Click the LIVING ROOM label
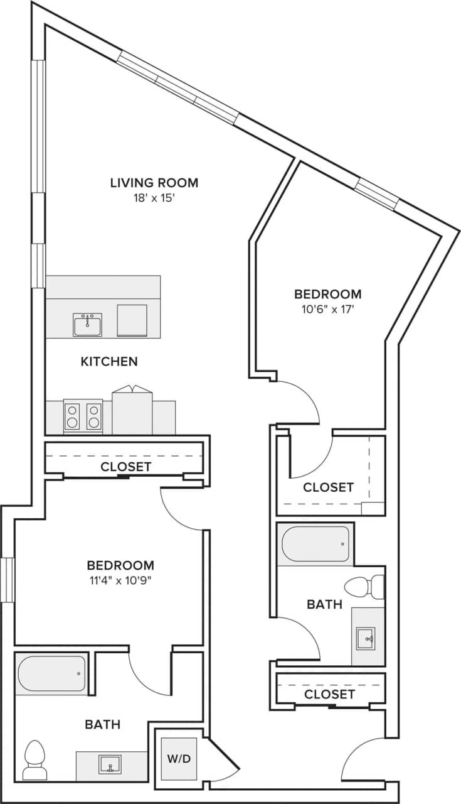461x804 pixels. [x=154, y=183]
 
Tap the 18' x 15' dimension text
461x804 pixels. [x=154, y=198]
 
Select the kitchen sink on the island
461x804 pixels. [x=88, y=325]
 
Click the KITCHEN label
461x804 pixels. [x=109, y=361]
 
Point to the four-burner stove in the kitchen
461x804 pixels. [x=83, y=416]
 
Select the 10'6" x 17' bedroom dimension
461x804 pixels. [x=328, y=309]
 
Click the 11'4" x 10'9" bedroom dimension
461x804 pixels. [x=120, y=580]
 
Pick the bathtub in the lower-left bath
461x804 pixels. [x=51, y=674]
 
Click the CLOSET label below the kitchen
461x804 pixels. [x=126, y=467]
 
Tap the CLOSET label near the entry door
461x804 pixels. [x=329, y=694]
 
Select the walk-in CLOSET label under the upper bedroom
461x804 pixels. [x=328, y=487]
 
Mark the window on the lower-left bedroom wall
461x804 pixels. [x=7, y=579]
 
